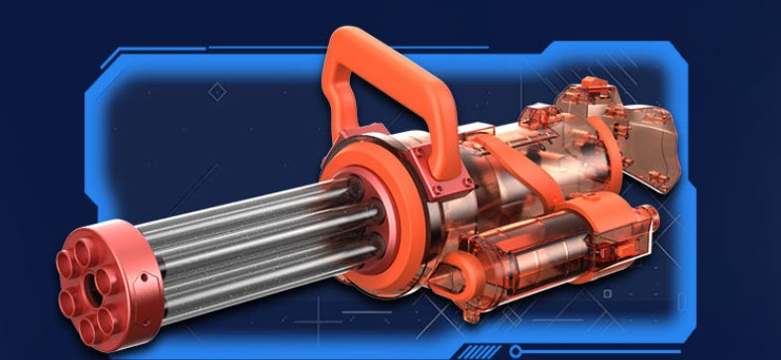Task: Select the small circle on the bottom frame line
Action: click(515, 350)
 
